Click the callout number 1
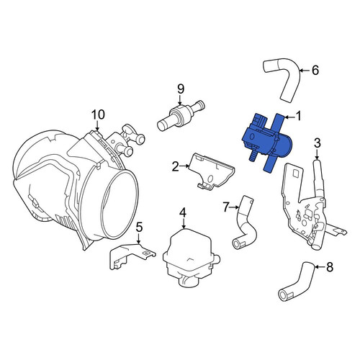pyautogui.click(x=297, y=117)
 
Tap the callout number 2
pyautogui.click(x=176, y=166)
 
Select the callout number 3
pyautogui.click(x=317, y=143)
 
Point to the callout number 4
pyautogui.click(x=183, y=213)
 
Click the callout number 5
pyautogui.click(x=139, y=227)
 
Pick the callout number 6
pyautogui.click(x=315, y=70)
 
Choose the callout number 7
pyautogui.click(x=226, y=207)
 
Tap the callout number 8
pyautogui.click(x=330, y=267)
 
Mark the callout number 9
pyautogui.click(x=181, y=89)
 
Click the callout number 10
pyautogui.click(x=98, y=114)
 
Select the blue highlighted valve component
pyautogui.click(x=266, y=142)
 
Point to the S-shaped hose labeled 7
pyautogui.click(x=245, y=225)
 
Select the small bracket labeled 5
pyautogui.click(x=131, y=256)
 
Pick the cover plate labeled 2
pyautogui.click(x=211, y=171)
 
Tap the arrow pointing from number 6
pyautogui.click(x=305, y=71)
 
